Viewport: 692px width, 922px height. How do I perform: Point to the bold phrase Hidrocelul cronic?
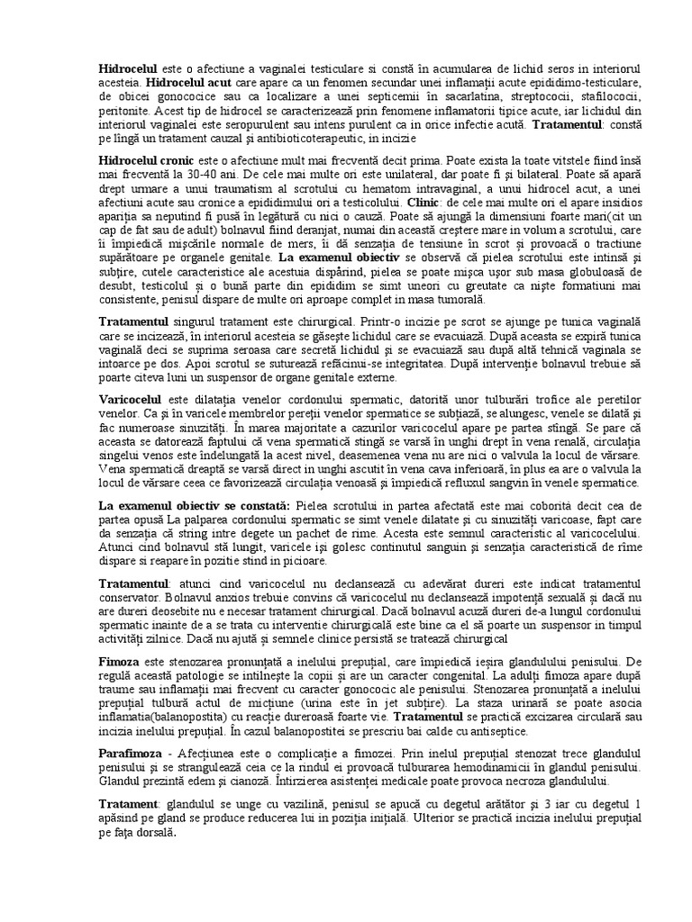pyautogui.click(x=147, y=158)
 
